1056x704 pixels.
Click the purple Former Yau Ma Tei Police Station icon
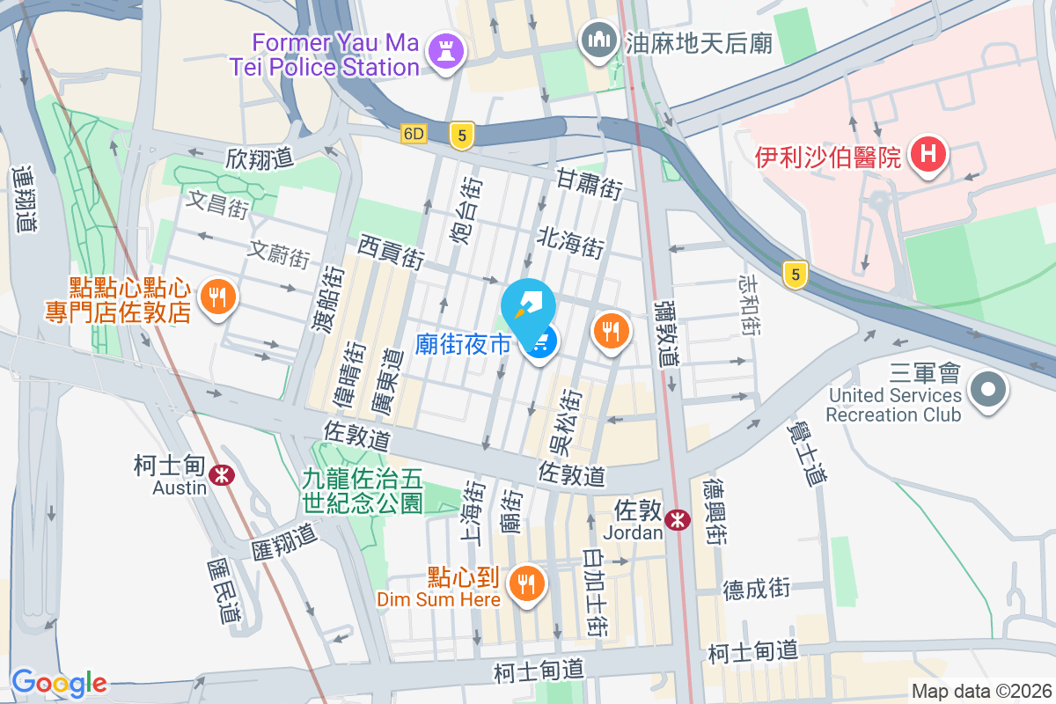(445, 52)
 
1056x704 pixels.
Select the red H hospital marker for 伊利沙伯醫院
(928, 156)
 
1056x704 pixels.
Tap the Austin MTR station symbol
(223, 475)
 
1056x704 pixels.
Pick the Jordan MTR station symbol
(677, 519)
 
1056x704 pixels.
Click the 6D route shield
(413, 135)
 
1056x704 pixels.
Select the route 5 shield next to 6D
(461, 135)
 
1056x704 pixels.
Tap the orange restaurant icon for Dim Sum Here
(526, 583)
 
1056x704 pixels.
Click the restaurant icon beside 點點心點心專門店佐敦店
(217, 297)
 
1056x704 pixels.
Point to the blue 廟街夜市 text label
(463, 343)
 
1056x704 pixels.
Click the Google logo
(59, 683)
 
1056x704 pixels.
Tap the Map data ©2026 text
(981, 692)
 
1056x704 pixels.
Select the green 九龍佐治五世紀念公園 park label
(363, 491)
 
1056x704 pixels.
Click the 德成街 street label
(757, 589)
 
